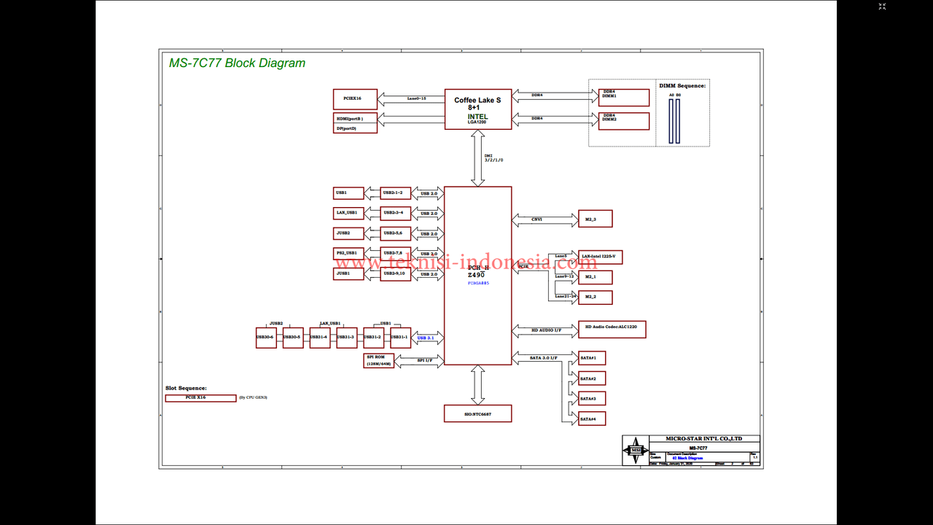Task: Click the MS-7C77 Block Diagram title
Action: coord(237,63)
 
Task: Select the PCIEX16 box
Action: coord(355,98)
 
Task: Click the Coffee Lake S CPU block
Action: coord(478,109)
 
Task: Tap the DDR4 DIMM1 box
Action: coord(623,97)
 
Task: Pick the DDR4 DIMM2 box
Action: coord(623,120)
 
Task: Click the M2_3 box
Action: coord(595,219)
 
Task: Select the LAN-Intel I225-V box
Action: coord(600,257)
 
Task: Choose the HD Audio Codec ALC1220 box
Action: coord(612,330)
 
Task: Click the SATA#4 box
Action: coord(591,419)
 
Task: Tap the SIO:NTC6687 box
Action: coord(477,413)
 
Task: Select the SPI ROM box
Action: coord(379,360)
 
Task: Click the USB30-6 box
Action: coord(266,337)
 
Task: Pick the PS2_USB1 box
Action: coord(348,253)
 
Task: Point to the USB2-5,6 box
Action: coord(396,233)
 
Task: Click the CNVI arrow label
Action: coord(536,219)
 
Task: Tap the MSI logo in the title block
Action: coord(636,451)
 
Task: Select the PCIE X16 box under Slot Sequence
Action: coord(190,398)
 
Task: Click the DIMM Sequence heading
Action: coord(682,86)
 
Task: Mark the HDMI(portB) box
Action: coord(355,118)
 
